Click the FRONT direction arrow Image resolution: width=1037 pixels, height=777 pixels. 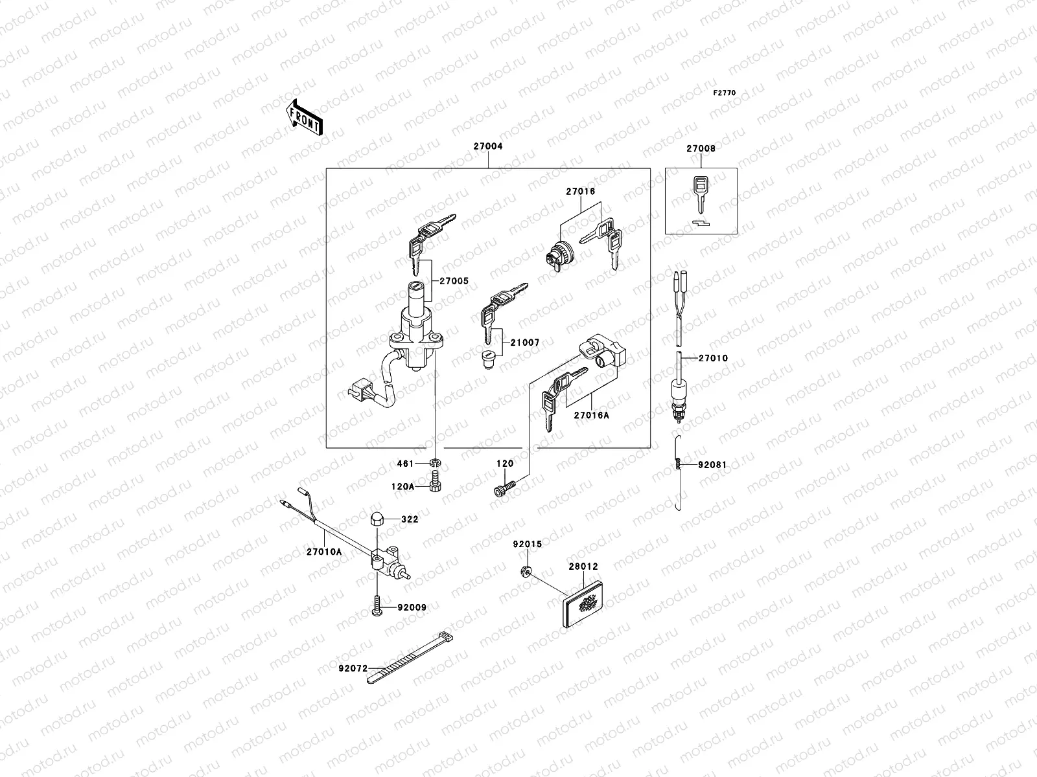[304, 117]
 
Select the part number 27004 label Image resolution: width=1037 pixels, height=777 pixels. [487, 146]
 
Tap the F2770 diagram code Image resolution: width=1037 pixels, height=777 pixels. [725, 93]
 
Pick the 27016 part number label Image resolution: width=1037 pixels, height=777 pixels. [580, 192]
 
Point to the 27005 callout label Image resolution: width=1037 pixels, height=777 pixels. [454, 282]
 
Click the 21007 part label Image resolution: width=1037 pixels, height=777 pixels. [524, 342]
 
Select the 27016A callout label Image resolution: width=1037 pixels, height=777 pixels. [591, 415]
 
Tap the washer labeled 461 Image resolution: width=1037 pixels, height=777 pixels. [436, 464]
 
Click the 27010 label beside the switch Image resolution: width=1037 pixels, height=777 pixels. [713, 358]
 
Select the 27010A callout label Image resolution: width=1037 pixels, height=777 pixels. [324, 552]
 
